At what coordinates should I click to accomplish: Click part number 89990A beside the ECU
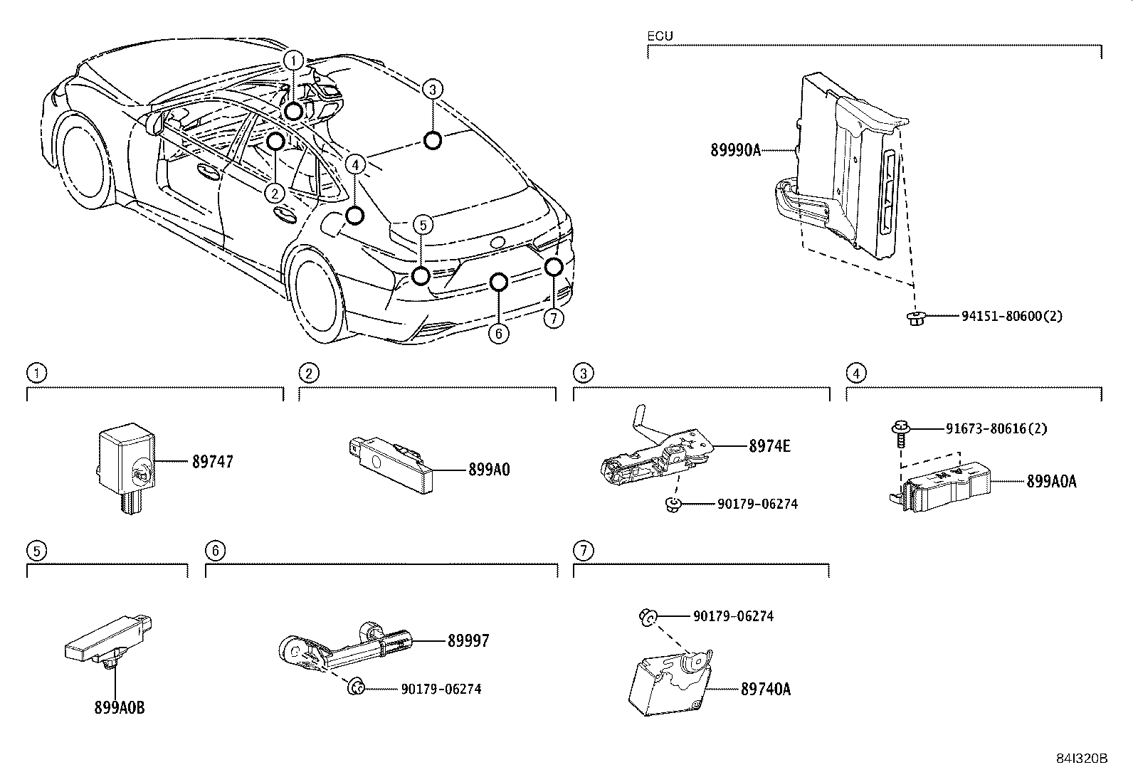(734, 150)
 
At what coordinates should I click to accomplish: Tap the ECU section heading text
(660, 36)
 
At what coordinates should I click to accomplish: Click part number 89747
(212, 462)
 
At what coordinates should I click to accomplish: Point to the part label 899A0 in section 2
(489, 470)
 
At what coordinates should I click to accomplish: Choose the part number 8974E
(769, 446)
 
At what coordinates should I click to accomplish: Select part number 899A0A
(1051, 482)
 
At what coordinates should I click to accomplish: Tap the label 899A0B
(119, 708)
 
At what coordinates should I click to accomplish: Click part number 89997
(468, 641)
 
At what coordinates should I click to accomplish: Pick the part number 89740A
(766, 689)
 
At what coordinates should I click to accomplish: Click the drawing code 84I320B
(1082, 759)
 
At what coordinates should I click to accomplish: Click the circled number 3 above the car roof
(432, 89)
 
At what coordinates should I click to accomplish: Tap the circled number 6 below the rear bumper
(499, 333)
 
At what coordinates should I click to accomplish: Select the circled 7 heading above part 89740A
(583, 550)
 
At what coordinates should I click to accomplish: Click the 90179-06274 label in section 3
(757, 504)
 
